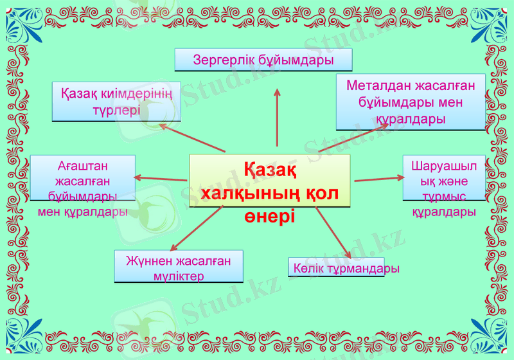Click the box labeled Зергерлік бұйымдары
[x=263, y=60]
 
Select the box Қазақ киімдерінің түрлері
[x=116, y=102]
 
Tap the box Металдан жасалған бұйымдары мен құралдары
[x=411, y=102]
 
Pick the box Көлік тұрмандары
[x=345, y=267]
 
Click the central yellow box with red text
[x=270, y=181]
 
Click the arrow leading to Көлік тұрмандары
[x=333, y=232]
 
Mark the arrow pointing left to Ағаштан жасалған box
[x=161, y=178]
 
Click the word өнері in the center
[x=269, y=216]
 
